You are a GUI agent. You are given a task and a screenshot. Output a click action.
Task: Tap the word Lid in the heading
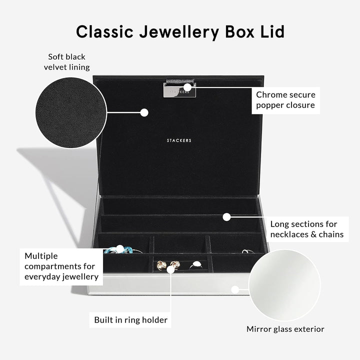tap(270, 31)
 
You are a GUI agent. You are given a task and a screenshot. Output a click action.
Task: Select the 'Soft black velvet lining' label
tap(67, 62)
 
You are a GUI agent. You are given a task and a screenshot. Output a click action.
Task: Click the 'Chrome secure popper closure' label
tap(285, 99)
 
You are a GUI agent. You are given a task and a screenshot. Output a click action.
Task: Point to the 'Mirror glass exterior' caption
tap(285, 329)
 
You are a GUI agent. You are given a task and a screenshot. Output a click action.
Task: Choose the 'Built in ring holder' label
tap(131, 319)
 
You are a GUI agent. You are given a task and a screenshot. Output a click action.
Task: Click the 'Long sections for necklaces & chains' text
tap(307, 229)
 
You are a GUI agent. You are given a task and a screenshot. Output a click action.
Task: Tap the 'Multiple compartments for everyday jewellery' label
tap(61, 266)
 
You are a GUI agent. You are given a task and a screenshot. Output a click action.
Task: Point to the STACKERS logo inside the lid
tap(179, 141)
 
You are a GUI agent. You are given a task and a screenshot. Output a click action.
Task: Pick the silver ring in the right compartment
tap(245, 251)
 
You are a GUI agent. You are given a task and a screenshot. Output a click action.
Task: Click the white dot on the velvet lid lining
tap(144, 112)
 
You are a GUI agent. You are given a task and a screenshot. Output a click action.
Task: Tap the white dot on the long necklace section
tap(226, 217)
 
